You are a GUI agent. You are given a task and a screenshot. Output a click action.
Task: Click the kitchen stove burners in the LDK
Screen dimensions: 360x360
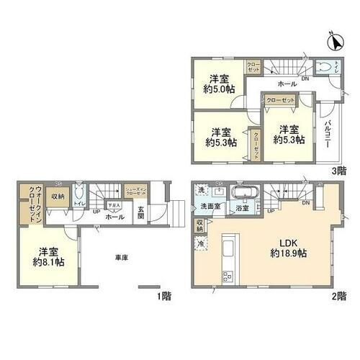pyautogui.click(x=227, y=278)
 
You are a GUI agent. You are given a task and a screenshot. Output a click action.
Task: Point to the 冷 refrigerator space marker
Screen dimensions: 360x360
pyautogui.click(x=198, y=242)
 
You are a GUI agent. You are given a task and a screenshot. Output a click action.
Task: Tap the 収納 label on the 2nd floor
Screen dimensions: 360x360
pyautogui.click(x=199, y=225)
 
